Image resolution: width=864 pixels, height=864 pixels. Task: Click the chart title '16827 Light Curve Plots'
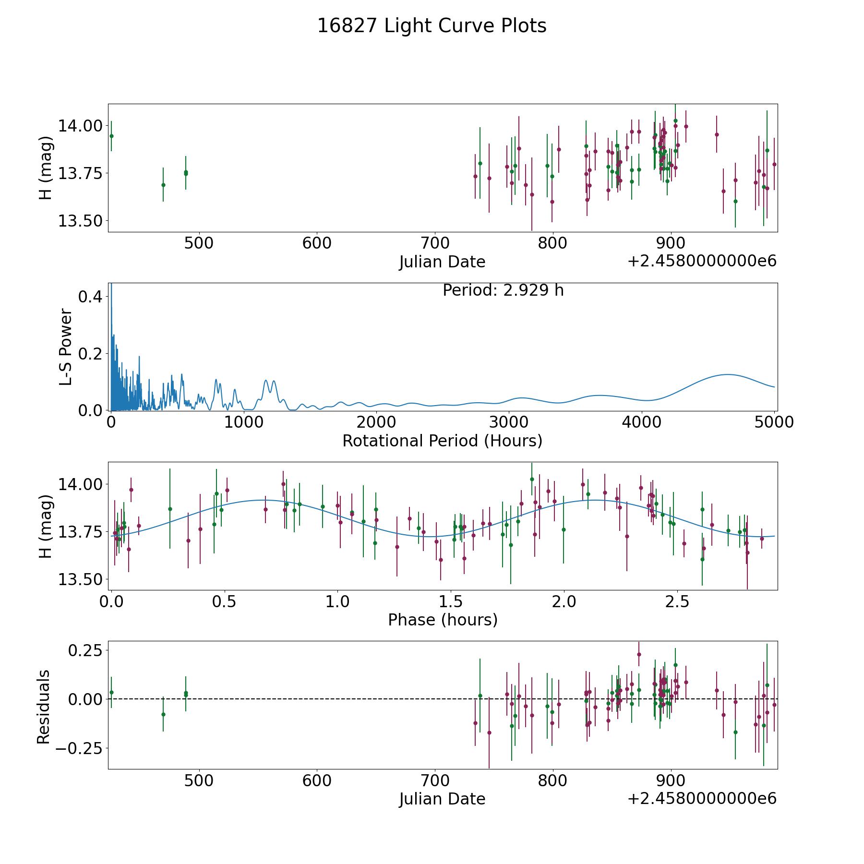click(x=432, y=26)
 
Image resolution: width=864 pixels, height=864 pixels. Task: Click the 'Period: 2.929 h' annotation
click(x=503, y=290)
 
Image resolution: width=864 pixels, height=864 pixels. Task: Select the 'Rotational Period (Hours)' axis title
click(x=443, y=441)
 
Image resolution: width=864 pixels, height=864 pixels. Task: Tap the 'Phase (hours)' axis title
click(x=443, y=620)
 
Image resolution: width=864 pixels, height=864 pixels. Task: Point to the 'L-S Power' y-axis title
click(x=66, y=347)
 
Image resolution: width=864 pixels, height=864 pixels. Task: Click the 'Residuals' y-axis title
click(x=44, y=707)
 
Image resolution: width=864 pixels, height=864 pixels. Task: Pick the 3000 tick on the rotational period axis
click(x=509, y=422)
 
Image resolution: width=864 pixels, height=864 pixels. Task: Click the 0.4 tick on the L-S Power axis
click(x=90, y=297)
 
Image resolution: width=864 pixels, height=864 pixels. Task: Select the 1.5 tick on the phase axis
click(x=451, y=602)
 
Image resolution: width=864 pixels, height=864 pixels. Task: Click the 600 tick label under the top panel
click(x=317, y=243)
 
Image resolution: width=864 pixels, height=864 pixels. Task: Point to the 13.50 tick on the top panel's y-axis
click(x=80, y=221)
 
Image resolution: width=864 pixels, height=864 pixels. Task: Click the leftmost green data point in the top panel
click(x=111, y=136)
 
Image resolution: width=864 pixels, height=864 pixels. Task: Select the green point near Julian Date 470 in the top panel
click(x=163, y=185)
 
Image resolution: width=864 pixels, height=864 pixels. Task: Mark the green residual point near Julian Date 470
click(x=163, y=714)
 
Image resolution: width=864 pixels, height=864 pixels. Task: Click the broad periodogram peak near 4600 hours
click(x=728, y=374)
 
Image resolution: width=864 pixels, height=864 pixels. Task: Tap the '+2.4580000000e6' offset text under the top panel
click(x=702, y=261)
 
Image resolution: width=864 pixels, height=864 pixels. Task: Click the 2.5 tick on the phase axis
click(x=677, y=602)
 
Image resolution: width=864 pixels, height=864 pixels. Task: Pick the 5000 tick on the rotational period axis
click(x=774, y=422)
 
